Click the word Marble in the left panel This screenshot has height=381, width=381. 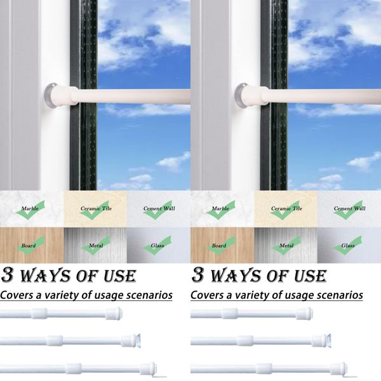(30, 208)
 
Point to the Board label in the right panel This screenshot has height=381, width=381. (219, 245)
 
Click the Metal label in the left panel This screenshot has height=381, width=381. (96, 245)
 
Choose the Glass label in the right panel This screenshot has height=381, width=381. (348, 245)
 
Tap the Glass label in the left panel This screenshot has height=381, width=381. (157, 245)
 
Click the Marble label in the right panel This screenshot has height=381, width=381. (220, 208)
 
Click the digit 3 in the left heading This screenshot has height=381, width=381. (10, 276)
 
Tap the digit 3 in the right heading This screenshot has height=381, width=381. (199, 276)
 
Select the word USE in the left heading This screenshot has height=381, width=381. (117, 276)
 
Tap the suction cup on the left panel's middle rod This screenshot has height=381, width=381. (135, 340)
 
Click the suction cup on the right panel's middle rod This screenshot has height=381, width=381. (326, 340)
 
